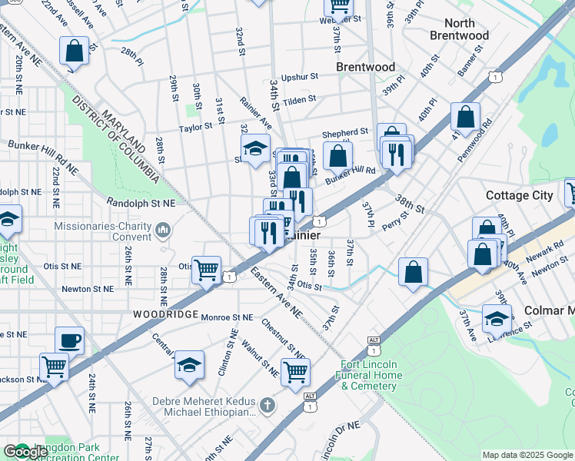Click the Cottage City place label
(520, 195)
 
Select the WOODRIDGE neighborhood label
(160, 314)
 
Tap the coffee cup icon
(69, 340)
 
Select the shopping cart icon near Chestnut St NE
(295, 373)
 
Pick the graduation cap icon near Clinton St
(189, 366)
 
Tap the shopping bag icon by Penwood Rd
(465, 118)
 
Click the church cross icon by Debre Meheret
(266, 405)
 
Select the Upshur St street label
(299, 78)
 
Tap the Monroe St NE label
(226, 317)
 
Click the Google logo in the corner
(25, 452)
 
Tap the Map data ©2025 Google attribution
(527, 455)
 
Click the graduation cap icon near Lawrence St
(497, 318)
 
